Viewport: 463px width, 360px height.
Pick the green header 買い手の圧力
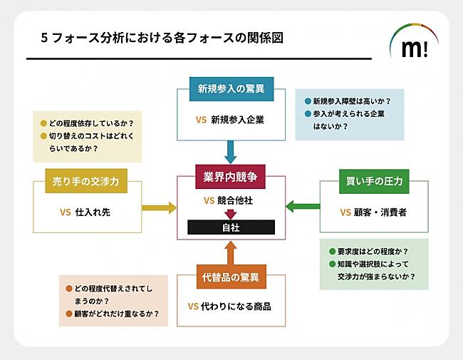(374, 181)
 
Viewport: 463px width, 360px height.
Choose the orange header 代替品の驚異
(230, 277)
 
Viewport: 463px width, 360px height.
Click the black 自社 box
(231, 227)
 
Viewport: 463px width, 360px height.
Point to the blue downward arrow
(230, 151)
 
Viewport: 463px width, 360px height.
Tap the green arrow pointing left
(302, 207)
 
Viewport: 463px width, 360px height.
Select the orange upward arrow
(230, 252)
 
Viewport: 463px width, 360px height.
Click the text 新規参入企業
(238, 120)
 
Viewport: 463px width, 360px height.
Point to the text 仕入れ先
(93, 212)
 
